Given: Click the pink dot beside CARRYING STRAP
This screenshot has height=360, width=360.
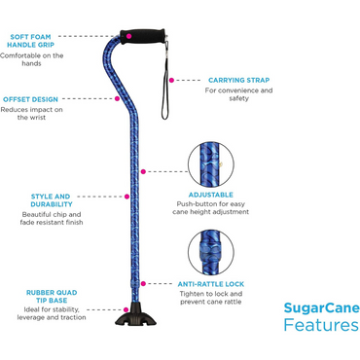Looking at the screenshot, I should tap(170, 80).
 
